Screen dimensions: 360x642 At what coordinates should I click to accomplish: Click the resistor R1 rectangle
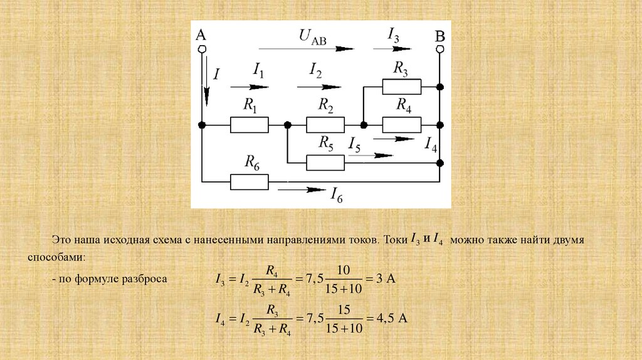(x=250, y=125)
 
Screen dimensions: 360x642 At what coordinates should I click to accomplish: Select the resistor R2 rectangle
(x=325, y=125)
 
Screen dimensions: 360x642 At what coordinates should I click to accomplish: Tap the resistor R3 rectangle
(x=401, y=87)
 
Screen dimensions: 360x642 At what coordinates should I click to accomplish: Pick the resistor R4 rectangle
(x=401, y=125)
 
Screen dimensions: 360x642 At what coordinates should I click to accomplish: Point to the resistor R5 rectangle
(x=325, y=163)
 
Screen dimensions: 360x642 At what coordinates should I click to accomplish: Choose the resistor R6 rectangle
(x=250, y=182)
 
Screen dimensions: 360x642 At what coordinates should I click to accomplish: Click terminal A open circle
(x=202, y=48)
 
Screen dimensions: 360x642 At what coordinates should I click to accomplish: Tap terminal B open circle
(x=440, y=48)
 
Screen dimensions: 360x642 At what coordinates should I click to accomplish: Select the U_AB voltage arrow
(x=306, y=48)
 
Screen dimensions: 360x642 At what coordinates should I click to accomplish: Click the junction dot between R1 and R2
(x=287, y=125)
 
